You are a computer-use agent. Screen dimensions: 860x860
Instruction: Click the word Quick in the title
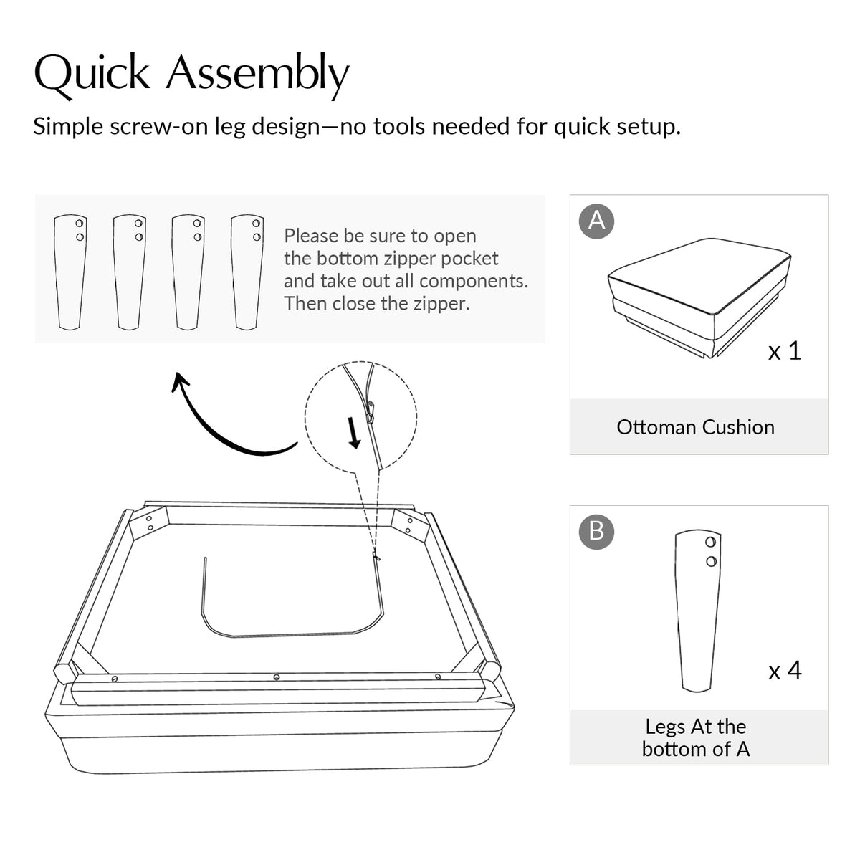(x=92, y=74)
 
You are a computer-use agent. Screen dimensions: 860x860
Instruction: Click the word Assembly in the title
(x=257, y=75)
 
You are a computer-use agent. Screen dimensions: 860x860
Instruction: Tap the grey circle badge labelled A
(x=596, y=221)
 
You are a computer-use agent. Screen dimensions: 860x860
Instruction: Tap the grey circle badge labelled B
(x=596, y=532)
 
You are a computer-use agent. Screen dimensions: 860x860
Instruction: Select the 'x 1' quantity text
(x=785, y=350)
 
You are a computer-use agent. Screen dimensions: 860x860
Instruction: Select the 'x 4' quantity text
(x=785, y=671)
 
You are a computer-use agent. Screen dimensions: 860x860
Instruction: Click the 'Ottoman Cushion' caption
(x=695, y=427)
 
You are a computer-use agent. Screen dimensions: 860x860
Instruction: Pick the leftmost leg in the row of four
(x=70, y=272)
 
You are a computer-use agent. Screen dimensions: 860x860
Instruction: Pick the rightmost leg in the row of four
(x=247, y=272)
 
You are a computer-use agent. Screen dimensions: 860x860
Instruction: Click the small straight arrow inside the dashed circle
(x=353, y=433)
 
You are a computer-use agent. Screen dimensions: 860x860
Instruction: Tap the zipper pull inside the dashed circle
(x=370, y=412)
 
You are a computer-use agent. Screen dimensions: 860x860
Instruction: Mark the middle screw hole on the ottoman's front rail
(x=277, y=677)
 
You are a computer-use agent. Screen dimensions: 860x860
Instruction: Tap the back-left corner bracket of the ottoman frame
(x=148, y=523)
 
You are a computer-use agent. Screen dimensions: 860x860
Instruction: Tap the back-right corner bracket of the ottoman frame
(x=410, y=525)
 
